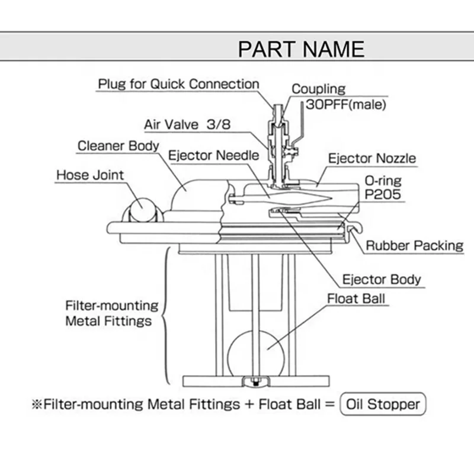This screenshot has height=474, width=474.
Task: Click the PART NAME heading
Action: [x=301, y=48]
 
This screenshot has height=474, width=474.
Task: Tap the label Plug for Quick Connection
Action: [x=178, y=84]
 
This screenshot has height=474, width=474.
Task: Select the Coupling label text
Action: [x=318, y=89]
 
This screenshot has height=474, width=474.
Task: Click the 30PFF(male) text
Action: [x=345, y=105]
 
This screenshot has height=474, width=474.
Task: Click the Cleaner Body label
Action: [x=118, y=146]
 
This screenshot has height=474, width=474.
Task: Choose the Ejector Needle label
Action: [x=214, y=156]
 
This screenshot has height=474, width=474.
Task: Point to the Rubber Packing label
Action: [x=414, y=245]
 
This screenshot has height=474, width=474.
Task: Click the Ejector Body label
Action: [x=382, y=278]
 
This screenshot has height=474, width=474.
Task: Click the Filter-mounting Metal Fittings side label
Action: [x=111, y=314]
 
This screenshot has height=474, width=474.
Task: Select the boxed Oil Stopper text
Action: [x=383, y=405]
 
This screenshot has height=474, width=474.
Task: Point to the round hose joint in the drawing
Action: [x=142, y=209]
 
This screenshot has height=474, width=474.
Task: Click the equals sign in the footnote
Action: [x=329, y=405]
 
